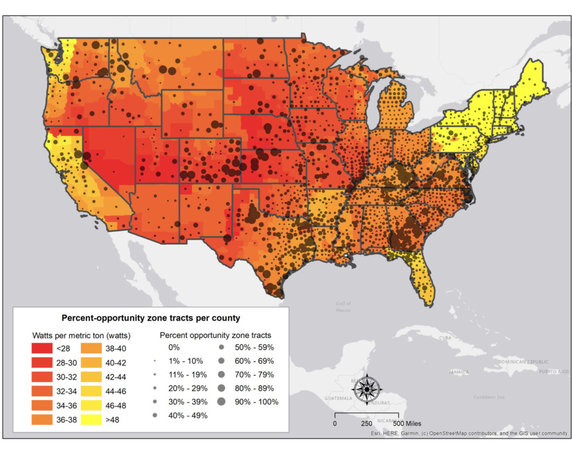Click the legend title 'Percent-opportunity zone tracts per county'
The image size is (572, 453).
click(x=150, y=318)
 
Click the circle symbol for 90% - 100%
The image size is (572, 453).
click(x=220, y=402)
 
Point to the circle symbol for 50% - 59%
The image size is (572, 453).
click(x=220, y=347)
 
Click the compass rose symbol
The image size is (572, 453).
click(x=366, y=389)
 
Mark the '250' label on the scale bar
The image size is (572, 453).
click(x=366, y=423)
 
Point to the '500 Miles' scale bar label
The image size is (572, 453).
click(x=407, y=423)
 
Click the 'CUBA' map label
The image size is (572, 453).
click(x=445, y=338)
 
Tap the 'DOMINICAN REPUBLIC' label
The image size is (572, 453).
click(x=523, y=362)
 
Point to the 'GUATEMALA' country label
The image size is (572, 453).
click(x=338, y=398)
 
